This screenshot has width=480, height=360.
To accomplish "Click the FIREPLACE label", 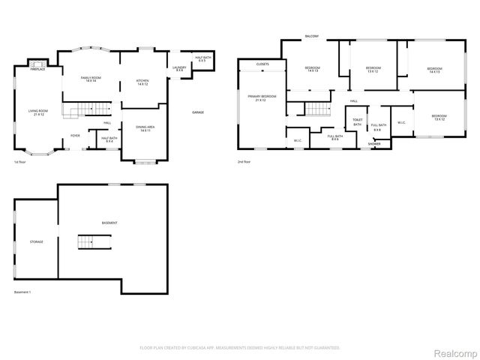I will (x=38, y=69).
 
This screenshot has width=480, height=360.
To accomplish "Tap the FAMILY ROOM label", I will (x=91, y=79).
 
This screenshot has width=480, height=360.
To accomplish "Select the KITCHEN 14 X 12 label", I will (x=142, y=82).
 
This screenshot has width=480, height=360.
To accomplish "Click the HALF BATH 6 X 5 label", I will (x=202, y=58).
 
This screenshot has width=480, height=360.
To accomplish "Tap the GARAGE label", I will (x=198, y=112).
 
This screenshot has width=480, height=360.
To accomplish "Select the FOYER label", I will (x=75, y=136).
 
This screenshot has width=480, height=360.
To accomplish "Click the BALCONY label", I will (x=313, y=36).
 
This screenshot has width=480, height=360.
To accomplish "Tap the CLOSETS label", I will (x=262, y=64).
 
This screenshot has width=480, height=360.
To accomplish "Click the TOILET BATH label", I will (x=357, y=122).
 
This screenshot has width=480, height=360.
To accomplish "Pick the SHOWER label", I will (x=374, y=144).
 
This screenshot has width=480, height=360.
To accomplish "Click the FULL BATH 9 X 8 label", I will (x=378, y=127).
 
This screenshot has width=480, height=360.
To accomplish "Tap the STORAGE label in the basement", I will (x=37, y=241).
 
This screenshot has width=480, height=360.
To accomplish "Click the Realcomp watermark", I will (x=454, y=349).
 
